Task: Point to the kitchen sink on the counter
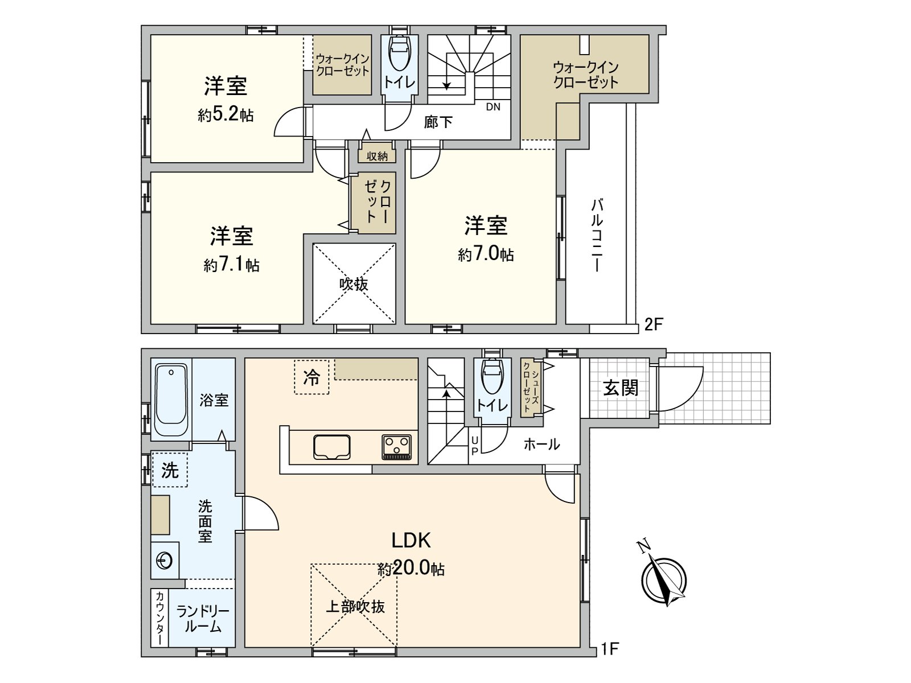click(x=332, y=446)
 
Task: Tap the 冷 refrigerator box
click(x=311, y=377)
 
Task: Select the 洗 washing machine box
click(x=170, y=470)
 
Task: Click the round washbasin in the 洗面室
click(x=165, y=561)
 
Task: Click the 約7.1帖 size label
click(x=231, y=265)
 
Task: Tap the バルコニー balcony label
click(x=596, y=234)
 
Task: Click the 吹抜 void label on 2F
click(x=354, y=284)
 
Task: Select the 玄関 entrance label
click(x=621, y=388)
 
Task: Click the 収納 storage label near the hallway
click(x=377, y=155)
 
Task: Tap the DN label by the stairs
click(x=493, y=106)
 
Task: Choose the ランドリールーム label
click(x=202, y=619)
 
